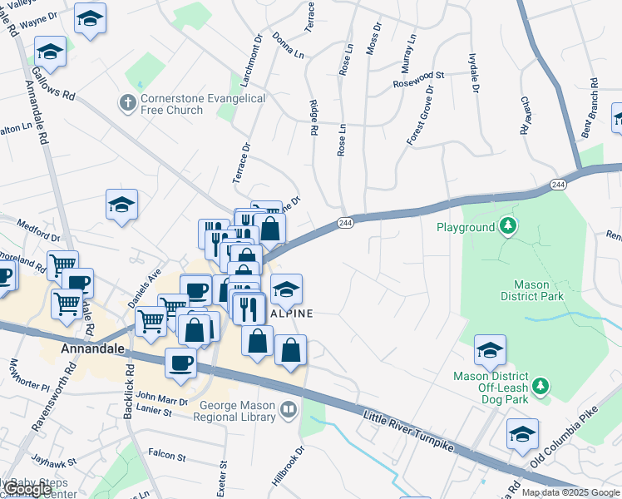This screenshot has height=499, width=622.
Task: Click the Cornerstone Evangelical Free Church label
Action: [x=203, y=104]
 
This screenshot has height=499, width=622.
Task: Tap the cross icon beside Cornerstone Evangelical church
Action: [x=127, y=103]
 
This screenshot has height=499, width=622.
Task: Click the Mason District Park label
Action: [x=532, y=290]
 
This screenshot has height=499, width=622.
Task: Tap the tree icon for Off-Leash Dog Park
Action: [x=541, y=386]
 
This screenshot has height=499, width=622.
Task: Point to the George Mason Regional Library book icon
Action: [x=288, y=409]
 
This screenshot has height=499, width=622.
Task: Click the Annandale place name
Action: [x=93, y=350]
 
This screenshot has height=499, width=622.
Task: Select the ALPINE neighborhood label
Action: [x=290, y=314]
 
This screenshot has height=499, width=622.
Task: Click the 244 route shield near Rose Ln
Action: [x=346, y=223]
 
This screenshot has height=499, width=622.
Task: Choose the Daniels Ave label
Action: [x=142, y=286]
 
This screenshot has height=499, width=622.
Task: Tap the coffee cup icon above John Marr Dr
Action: [x=181, y=362]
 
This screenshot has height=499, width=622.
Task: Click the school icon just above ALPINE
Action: [x=286, y=289]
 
